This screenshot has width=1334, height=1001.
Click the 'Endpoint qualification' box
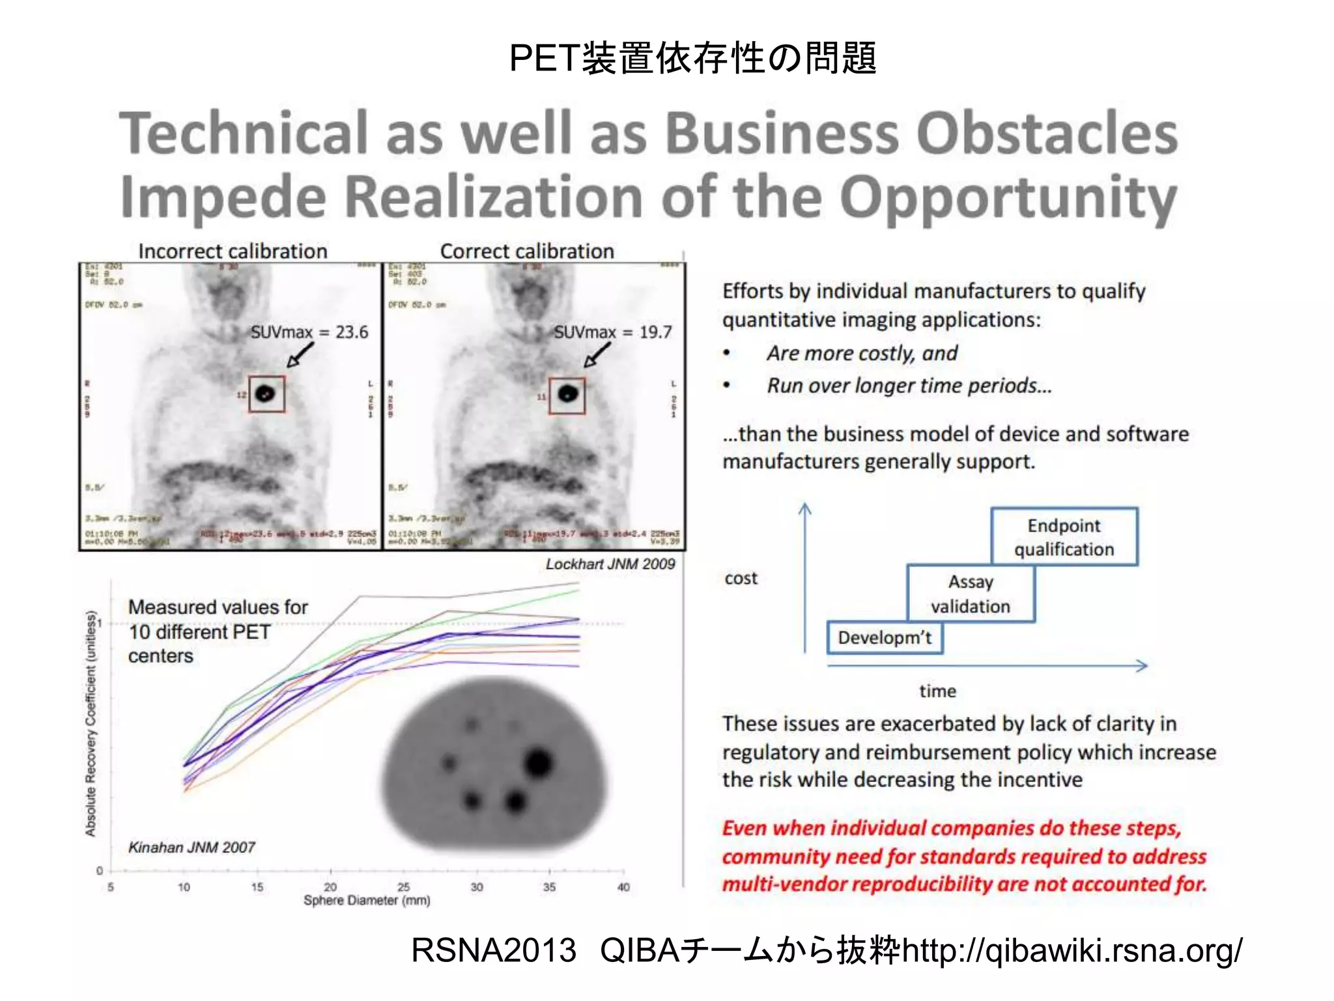tap(1064, 536)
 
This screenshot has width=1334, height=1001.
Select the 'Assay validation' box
tap(971, 593)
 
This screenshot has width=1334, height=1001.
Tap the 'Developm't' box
tap(885, 637)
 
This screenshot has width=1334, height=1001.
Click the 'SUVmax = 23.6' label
tap(309, 332)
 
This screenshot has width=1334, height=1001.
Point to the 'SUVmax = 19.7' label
tap(612, 332)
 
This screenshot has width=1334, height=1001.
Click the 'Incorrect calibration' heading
tap(233, 251)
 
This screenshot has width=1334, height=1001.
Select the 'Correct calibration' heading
tap(527, 251)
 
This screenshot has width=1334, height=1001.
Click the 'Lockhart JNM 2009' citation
tap(610, 564)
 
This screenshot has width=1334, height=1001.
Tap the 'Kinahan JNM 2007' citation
tap(192, 847)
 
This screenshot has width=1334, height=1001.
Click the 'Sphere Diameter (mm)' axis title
tap(367, 900)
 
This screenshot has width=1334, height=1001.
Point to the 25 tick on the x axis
tap(404, 886)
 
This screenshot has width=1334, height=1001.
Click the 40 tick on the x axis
tap(623, 886)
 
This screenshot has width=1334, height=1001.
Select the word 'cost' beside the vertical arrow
tap(741, 578)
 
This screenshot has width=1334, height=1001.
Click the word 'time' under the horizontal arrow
tap(937, 691)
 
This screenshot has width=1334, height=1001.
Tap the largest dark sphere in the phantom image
tap(538, 763)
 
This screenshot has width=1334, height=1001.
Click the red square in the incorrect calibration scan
tap(266, 394)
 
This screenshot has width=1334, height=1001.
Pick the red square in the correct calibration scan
tap(567, 395)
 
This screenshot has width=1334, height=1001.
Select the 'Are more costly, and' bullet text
tap(862, 353)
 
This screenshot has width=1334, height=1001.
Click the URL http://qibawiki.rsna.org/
tap(1072, 950)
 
